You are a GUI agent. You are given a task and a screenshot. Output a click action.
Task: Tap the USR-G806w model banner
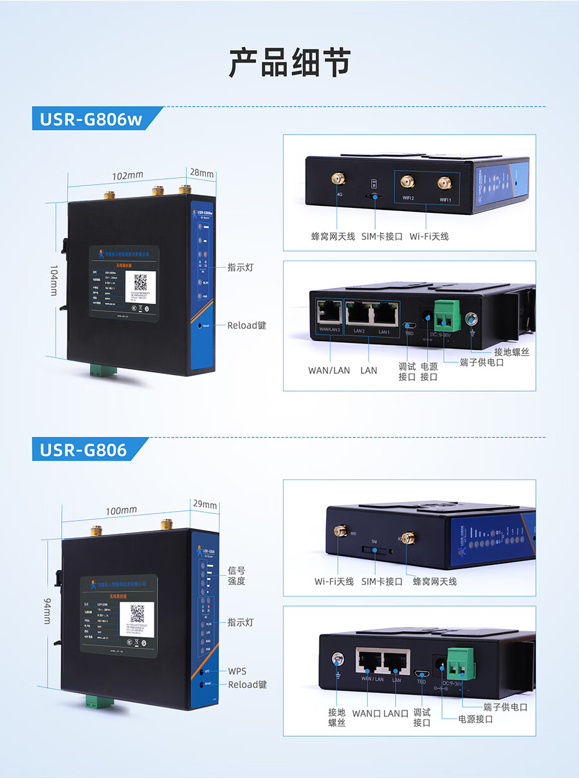(x=90, y=120)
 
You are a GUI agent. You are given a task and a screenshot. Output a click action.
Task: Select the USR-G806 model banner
(x=83, y=449)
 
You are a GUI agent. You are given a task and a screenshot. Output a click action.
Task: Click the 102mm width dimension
(x=127, y=176)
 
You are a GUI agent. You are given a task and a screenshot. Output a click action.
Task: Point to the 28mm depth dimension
(x=201, y=173)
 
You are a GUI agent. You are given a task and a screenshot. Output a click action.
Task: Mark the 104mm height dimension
(x=54, y=281)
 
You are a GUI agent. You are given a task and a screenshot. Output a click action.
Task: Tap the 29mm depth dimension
(x=205, y=505)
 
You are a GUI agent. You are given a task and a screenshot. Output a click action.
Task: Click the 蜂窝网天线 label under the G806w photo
(x=333, y=236)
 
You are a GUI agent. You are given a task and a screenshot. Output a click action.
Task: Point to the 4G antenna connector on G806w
(x=336, y=178)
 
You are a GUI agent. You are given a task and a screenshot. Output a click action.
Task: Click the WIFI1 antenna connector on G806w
(x=443, y=183)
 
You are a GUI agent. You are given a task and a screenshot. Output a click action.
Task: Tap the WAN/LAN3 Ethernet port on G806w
(x=329, y=312)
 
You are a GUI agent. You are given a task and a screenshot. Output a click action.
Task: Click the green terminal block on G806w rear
(x=443, y=315)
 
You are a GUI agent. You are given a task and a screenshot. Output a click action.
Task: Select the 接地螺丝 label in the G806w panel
(x=511, y=352)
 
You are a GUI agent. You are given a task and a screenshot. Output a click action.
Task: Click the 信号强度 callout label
(x=236, y=576)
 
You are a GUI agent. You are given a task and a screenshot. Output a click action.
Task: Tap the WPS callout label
(x=237, y=671)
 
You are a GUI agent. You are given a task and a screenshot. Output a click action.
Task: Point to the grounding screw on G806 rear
(x=335, y=658)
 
